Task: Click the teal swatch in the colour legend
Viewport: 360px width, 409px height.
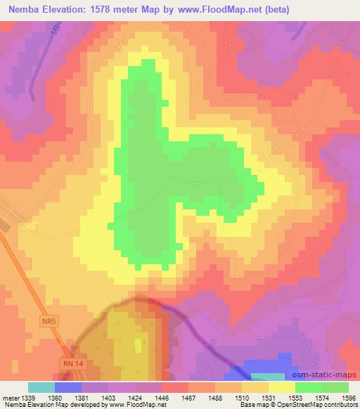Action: pyautogui.click(x=41, y=387)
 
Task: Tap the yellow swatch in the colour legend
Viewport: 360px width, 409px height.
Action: pyautogui.click(x=281, y=387)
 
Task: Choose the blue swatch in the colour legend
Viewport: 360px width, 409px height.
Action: pyautogui.click(x=68, y=387)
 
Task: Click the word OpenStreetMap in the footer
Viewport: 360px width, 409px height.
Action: pyautogui.click(x=300, y=405)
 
